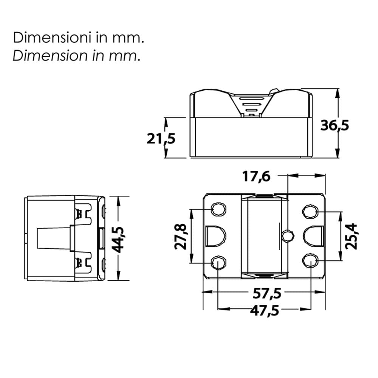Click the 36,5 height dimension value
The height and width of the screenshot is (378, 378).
pyautogui.click(x=335, y=125)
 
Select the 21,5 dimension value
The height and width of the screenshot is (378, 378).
pyautogui.click(x=161, y=139)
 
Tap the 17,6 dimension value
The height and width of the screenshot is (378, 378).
pyautogui.click(x=257, y=177)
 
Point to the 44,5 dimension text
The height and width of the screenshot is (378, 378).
pyautogui.click(x=118, y=239)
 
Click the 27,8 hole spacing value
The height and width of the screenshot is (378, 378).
pyautogui.click(x=180, y=237)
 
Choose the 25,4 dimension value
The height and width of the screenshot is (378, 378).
pyautogui.click(x=351, y=236)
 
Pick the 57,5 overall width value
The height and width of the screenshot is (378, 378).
pyautogui.click(x=267, y=293)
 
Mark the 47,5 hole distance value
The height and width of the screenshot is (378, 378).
pyautogui.click(x=265, y=310)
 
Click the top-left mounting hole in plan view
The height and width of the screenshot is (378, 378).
pyautogui.click(x=218, y=209)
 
